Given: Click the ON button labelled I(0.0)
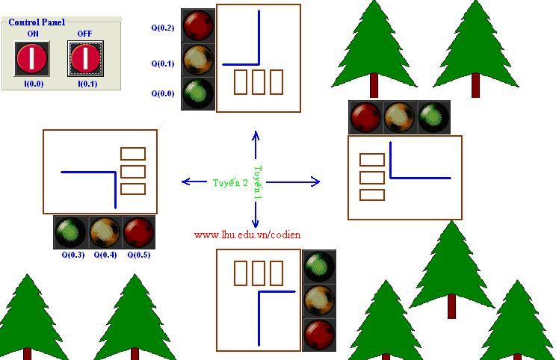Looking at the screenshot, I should [32, 58].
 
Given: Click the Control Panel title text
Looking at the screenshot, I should [37, 22].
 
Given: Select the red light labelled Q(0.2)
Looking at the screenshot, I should [198, 24].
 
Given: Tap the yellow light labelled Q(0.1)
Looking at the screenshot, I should [198, 58].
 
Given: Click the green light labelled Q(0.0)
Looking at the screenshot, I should [198, 93].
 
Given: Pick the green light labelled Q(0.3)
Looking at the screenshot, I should [71, 232].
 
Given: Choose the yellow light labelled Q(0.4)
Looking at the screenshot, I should [105, 232].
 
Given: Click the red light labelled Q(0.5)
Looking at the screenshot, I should [139, 232].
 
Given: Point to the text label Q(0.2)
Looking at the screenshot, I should [162, 28].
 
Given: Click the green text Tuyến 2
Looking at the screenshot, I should [230, 182].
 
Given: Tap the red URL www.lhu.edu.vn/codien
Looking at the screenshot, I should [247, 235].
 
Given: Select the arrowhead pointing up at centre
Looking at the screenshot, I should [256, 136].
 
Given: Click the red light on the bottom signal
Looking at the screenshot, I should [319, 334].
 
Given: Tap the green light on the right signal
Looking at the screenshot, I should [433, 117].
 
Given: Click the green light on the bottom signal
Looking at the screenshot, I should [319, 266].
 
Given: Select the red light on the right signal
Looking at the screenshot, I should [365, 117].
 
